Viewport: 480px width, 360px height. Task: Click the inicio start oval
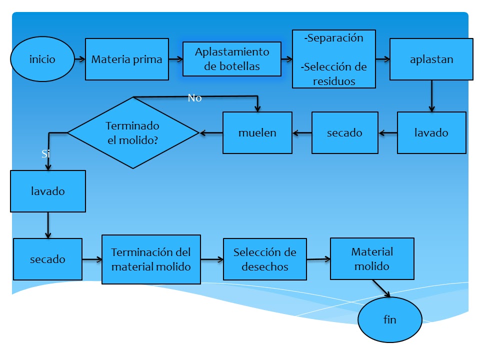42,59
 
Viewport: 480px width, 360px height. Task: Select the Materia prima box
127,59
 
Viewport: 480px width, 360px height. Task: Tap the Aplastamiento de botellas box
232,59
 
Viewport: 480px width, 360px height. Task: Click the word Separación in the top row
334,38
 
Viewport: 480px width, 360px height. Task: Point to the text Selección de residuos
334,74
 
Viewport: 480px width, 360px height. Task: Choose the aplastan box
431,59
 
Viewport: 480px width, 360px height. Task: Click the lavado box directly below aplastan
431,132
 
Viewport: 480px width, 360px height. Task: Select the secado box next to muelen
344,132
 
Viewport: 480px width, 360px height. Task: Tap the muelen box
257,132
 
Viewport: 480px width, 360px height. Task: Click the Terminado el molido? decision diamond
133,133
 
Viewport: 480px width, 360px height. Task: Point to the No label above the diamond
194,98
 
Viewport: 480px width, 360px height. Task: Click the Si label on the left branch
45,154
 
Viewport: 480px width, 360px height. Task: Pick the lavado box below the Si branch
48,191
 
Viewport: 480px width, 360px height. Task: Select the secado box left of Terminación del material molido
47,259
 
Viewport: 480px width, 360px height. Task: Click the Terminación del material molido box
151,259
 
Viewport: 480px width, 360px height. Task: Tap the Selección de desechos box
264,259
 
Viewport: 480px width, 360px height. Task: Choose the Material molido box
372,258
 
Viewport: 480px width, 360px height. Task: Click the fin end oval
389,319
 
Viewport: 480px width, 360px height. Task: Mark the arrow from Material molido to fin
381,288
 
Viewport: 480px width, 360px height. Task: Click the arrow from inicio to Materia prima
79,59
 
